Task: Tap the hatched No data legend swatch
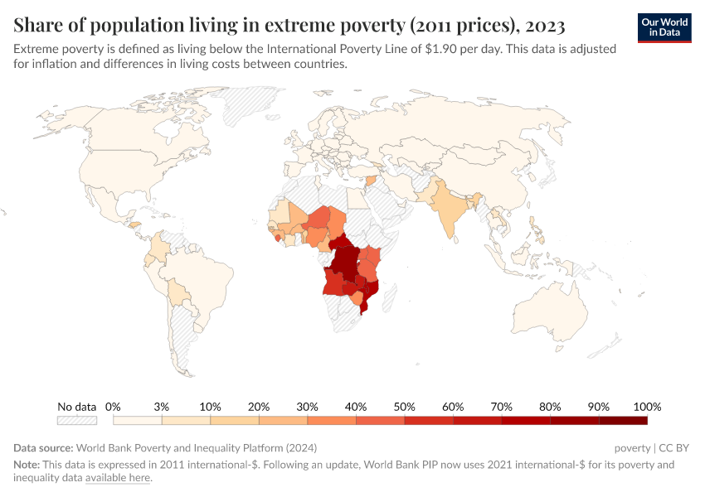[76, 421]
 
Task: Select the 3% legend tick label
[162, 407]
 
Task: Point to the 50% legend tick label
[404, 407]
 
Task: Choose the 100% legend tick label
[646, 407]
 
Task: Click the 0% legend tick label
[114, 407]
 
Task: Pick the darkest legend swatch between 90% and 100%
[623, 421]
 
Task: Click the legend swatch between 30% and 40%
[332, 421]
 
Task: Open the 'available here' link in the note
[119, 478]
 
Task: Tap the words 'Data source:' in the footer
[43, 448]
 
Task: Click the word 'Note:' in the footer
[28, 465]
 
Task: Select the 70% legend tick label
[501, 407]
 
